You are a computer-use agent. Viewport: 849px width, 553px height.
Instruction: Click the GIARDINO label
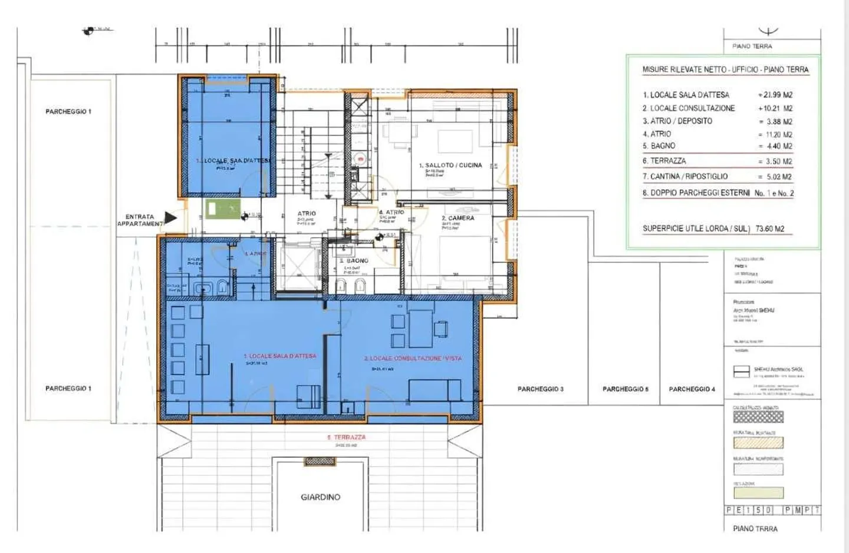click(x=320, y=497)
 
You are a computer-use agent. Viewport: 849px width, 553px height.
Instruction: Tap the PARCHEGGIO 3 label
click(x=540, y=389)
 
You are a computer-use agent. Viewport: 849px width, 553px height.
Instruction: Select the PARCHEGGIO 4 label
click(x=692, y=389)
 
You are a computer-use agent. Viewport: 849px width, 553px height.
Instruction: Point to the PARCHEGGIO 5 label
click(x=625, y=389)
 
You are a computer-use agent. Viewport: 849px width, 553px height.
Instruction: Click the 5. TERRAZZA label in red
click(x=346, y=438)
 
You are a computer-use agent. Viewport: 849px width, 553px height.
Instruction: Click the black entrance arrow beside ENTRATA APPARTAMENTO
click(x=170, y=218)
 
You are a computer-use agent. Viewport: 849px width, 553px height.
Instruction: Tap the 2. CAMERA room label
click(x=458, y=218)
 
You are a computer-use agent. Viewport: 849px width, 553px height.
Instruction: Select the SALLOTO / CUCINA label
click(x=450, y=165)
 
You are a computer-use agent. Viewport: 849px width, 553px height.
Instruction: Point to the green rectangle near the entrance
click(x=222, y=208)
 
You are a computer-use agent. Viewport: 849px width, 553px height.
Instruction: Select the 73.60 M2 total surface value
click(x=770, y=229)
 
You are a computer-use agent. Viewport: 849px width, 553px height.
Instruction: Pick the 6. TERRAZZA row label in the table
click(x=664, y=161)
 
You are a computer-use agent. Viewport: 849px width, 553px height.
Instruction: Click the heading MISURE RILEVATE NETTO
click(x=725, y=69)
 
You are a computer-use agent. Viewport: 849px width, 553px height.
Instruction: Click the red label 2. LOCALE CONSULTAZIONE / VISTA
click(x=413, y=358)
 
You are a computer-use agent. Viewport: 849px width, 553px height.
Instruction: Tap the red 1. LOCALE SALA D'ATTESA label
click(x=280, y=356)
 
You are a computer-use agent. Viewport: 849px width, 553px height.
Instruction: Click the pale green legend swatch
click(x=758, y=493)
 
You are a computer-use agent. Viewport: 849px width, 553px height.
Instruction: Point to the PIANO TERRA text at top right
click(x=752, y=46)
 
